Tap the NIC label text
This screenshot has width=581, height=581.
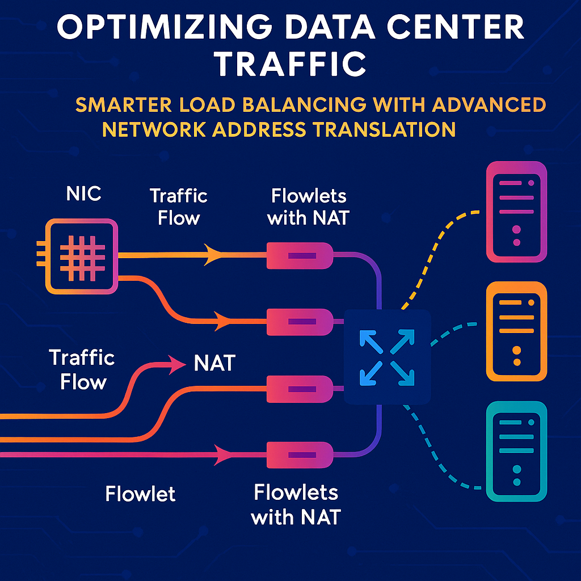(x=83, y=193)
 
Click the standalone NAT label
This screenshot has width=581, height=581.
(x=214, y=363)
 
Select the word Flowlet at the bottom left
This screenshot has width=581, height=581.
(x=140, y=493)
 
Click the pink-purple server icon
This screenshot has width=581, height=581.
(x=516, y=211)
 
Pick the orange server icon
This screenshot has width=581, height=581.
(x=516, y=331)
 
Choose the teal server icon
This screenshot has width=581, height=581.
(x=516, y=451)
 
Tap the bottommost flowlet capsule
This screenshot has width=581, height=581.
(x=299, y=454)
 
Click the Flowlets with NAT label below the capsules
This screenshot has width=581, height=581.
(x=296, y=504)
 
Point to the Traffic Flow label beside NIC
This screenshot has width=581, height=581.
(x=179, y=207)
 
